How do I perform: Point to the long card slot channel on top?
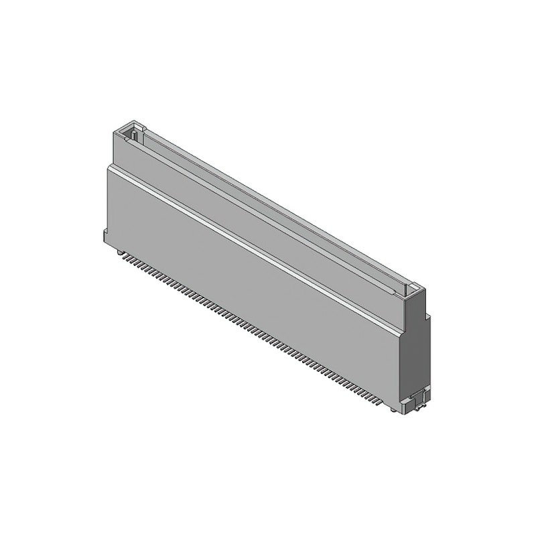point(268,208)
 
